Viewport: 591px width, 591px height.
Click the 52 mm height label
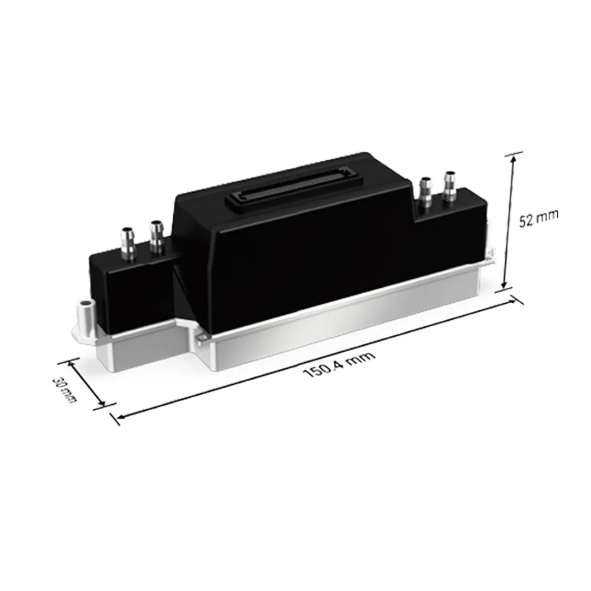pyautogui.click(x=538, y=219)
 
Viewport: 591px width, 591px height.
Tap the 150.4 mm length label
pyautogui.click(x=339, y=363)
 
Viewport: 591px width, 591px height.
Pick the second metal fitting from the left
pyautogui.click(x=156, y=238)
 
